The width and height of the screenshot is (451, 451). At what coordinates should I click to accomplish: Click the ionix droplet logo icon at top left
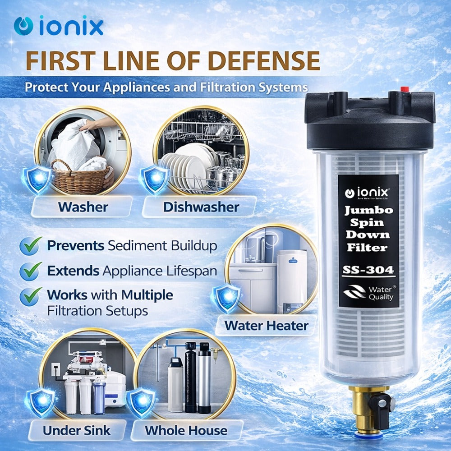click(x=23, y=26)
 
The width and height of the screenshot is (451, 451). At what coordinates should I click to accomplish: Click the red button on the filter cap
click(x=405, y=89)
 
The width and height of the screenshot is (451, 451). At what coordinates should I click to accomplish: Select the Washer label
click(x=83, y=207)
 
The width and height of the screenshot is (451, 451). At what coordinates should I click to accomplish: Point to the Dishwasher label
click(x=201, y=207)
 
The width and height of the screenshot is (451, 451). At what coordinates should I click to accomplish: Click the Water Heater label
click(x=266, y=326)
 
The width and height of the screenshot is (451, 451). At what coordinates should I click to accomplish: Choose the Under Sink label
click(x=77, y=431)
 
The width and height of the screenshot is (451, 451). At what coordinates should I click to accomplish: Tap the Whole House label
click(x=186, y=431)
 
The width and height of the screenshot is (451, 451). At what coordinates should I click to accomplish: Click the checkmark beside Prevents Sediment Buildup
click(x=31, y=246)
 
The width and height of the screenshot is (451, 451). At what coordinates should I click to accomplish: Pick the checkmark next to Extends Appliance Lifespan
click(x=31, y=271)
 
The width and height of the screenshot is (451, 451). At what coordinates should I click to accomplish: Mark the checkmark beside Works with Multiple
click(x=31, y=296)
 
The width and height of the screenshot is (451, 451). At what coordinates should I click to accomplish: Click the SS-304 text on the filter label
click(x=368, y=270)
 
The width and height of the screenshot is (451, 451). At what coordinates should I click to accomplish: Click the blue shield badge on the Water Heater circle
click(x=227, y=297)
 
